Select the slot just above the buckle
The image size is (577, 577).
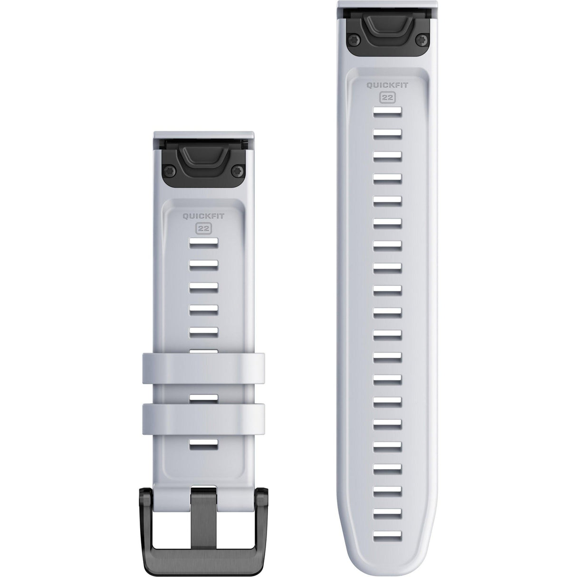click(x=204, y=445)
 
